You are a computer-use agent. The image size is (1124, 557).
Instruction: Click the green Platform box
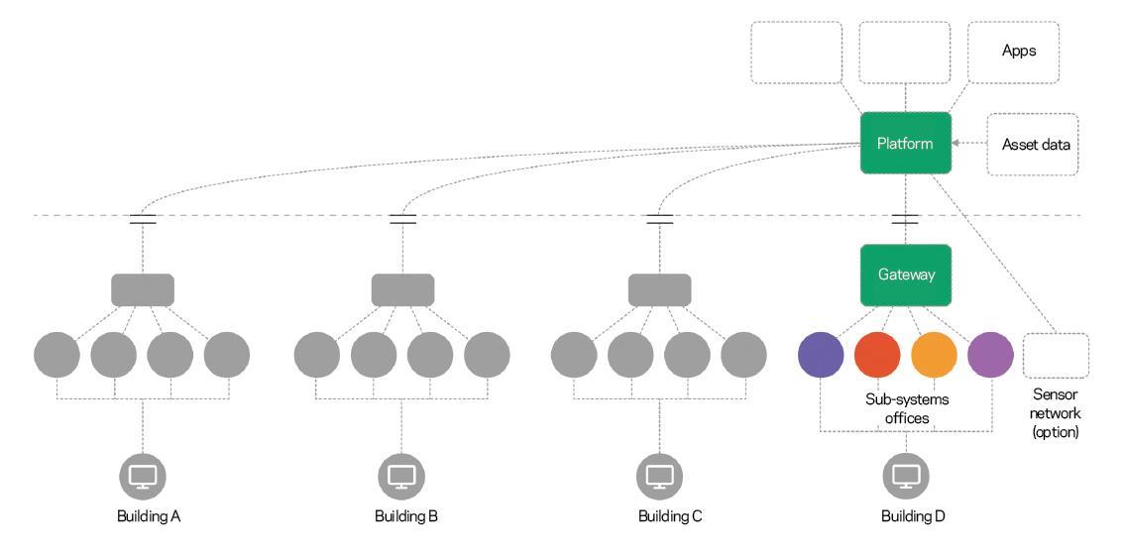click(905, 144)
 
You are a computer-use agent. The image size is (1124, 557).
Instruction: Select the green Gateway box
click(905, 275)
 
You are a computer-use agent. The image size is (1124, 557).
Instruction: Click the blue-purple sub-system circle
click(821, 354)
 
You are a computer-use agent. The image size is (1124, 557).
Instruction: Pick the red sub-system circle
click(877, 354)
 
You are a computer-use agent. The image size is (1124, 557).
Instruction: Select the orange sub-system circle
click(934, 354)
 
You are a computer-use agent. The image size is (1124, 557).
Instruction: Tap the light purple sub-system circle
click(990, 354)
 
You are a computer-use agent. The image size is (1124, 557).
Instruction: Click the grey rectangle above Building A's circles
click(142, 289)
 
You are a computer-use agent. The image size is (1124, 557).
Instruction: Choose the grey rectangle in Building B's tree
click(402, 289)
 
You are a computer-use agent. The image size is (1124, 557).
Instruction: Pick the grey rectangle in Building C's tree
click(659, 289)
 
